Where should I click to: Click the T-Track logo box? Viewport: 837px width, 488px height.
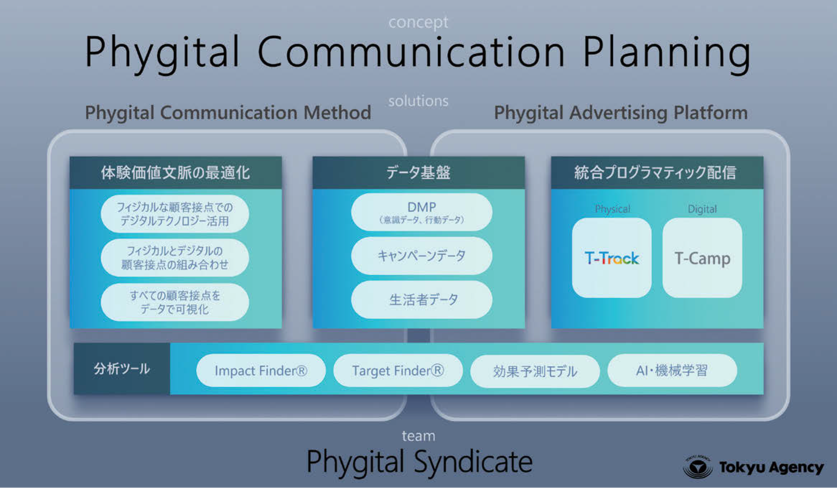point(612,258)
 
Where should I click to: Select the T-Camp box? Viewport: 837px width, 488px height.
point(702,258)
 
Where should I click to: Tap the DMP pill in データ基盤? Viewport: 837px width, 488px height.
point(422,212)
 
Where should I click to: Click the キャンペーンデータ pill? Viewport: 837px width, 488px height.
point(422,256)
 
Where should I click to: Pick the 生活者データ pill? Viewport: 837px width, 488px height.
point(422,300)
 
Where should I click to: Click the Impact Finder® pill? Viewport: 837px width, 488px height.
point(261,370)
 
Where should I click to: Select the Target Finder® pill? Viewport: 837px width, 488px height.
point(398,370)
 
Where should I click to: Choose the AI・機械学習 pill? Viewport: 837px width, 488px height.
point(672,370)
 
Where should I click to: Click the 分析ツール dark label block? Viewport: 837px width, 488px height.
point(122,369)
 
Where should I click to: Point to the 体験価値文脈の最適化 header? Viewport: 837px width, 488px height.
point(176,172)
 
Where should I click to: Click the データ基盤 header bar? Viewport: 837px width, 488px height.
point(419,172)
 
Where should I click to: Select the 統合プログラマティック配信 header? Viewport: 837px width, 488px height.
point(657,172)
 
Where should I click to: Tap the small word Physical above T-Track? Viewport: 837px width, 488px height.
point(612,209)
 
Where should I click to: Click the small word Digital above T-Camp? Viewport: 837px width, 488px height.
point(702,209)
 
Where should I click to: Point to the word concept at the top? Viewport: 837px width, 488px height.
point(418,23)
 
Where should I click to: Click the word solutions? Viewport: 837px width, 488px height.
point(418,101)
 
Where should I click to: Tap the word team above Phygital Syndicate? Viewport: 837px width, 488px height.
point(418,436)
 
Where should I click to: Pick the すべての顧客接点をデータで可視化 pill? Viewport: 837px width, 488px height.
point(175,302)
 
